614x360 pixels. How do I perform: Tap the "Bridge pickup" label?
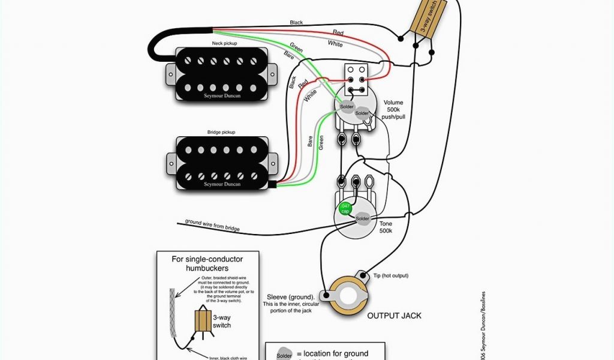point(221,131)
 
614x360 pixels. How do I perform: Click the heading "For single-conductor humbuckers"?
point(207,263)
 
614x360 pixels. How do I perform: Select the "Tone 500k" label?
point(386,227)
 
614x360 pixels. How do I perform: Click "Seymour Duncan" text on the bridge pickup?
point(221,184)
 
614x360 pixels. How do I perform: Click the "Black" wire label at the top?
point(296,23)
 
